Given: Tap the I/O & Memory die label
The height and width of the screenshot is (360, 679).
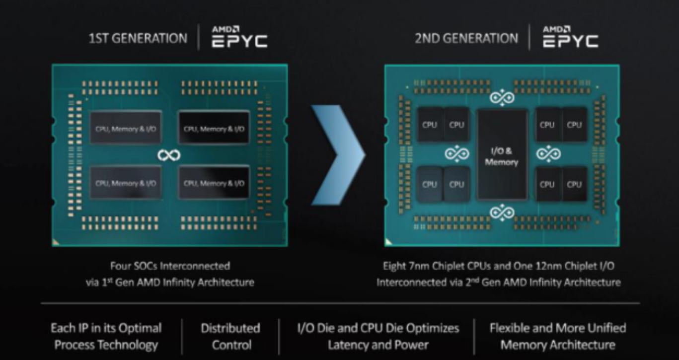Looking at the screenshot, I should coord(501,156).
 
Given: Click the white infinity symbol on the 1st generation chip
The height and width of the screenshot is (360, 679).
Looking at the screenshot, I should coord(169,155).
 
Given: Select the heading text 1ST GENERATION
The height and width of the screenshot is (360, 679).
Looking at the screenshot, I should coord(138,38).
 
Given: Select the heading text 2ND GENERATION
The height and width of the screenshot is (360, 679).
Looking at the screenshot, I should coord(466,38).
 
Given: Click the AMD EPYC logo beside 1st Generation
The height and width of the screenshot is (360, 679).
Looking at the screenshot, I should coord(239,37).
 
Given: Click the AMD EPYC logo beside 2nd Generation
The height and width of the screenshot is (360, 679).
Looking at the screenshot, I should coord(570,37).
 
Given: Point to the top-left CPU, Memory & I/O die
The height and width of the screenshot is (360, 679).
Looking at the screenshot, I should coord(125,129).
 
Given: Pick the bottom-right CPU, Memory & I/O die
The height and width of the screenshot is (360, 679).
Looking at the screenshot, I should coord(214,183).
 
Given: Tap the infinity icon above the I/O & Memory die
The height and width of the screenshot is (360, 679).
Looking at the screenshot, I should coord(502,98).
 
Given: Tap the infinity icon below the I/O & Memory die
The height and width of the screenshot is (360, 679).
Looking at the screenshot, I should coord(502,213).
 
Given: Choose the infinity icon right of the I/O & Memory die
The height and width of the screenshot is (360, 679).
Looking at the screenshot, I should coord(548,154).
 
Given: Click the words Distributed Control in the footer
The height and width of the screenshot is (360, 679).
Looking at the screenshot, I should coord(230,336).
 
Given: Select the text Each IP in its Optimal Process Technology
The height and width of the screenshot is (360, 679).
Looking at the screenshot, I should coord(106,336).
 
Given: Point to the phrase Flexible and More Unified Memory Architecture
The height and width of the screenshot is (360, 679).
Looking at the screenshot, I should coord(557,336).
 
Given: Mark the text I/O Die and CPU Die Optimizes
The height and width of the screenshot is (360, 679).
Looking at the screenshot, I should coord(378,328).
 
